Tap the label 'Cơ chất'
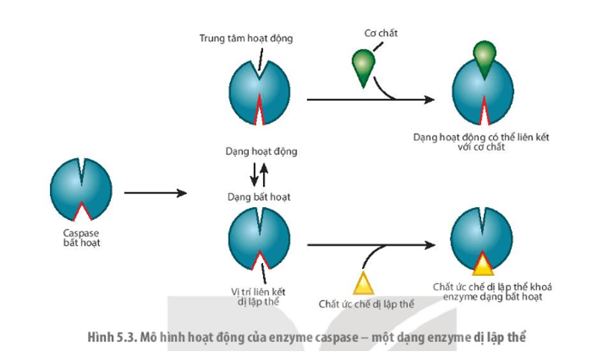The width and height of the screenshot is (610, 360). coord(379,34)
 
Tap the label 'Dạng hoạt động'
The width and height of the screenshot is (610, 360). coord(260,151)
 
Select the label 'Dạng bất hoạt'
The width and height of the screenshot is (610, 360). coord(259,198)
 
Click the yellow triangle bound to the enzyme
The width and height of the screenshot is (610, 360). coord(483,263)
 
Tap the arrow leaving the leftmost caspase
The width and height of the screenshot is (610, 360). coord(154,193)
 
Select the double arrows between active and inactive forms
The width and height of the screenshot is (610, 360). coord(258,174)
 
